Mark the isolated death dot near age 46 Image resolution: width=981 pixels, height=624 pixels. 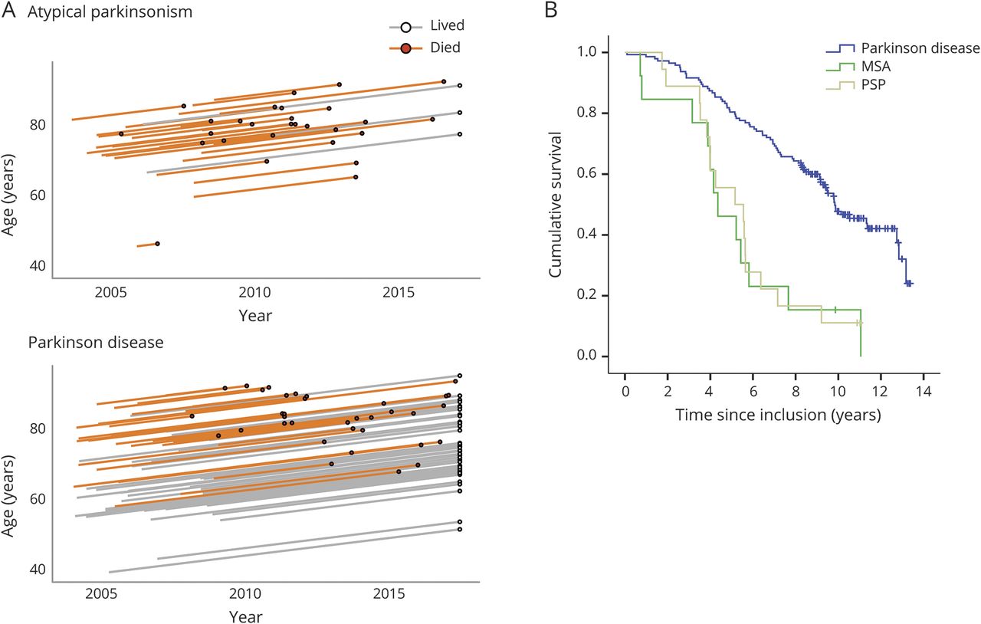pyautogui.click(x=157, y=244)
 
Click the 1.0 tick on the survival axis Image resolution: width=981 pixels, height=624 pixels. pyautogui.click(x=589, y=52)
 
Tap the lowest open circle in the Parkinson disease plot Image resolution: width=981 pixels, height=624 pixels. pyautogui.click(x=460, y=529)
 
